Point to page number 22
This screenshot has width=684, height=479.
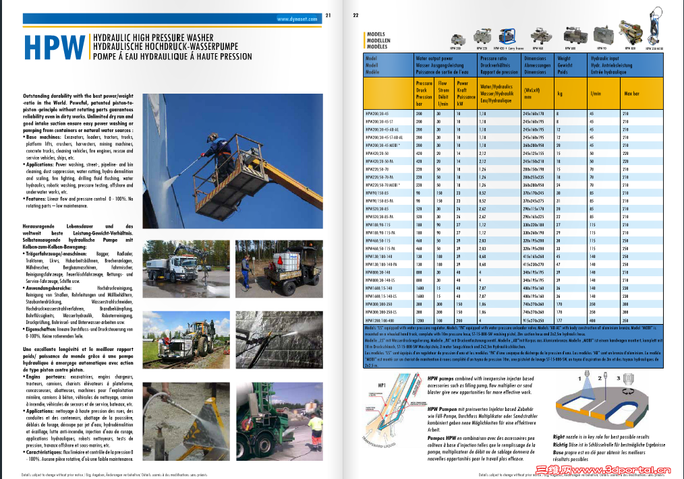355,15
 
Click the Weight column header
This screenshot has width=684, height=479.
563,59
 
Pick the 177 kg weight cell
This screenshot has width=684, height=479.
558,321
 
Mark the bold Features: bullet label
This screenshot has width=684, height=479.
31,199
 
